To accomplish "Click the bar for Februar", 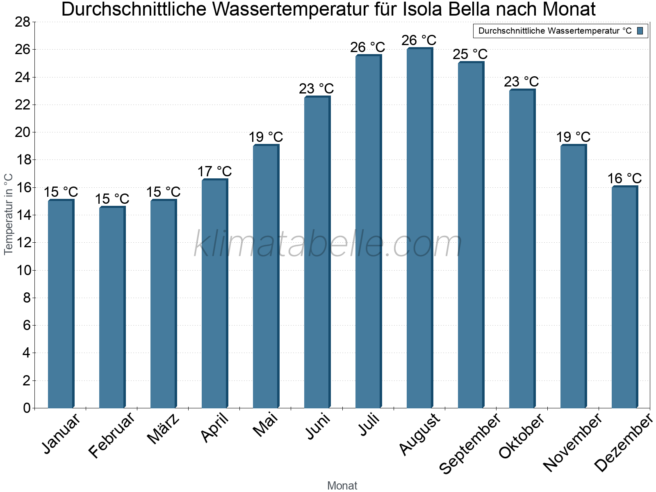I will (x=112, y=307).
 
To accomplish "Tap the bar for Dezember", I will (x=624, y=297).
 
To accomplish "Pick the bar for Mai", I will (x=266, y=277).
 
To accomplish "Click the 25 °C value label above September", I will (x=470, y=54).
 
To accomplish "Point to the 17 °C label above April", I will (x=214, y=171).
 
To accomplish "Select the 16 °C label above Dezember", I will (x=624, y=179).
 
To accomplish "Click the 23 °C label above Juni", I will (x=317, y=89).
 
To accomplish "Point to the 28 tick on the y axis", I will (x=23, y=22).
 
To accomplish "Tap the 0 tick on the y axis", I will (x=27, y=408).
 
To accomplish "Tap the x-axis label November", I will (x=572, y=442).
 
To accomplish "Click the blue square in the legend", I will (x=640, y=31).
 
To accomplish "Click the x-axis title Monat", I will (x=342, y=486).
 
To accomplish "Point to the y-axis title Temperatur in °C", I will (x=9, y=214).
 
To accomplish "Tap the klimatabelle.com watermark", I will (x=328, y=244).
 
